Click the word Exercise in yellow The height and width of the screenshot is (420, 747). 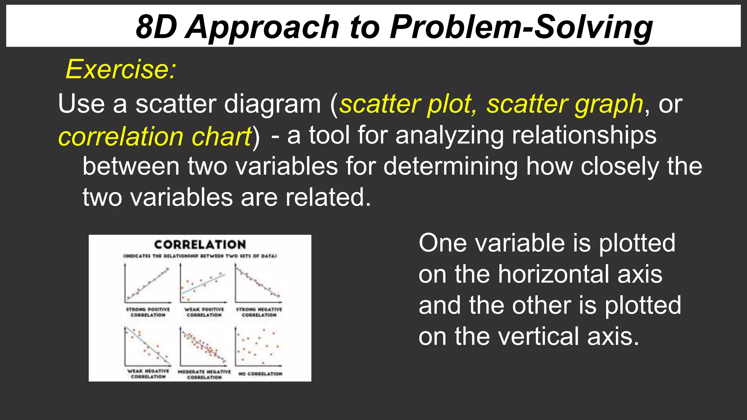click(x=120, y=69)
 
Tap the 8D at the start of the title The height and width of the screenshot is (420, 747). click(x=156, y=27)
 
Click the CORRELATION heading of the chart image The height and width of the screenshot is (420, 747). click(x=200, y=244)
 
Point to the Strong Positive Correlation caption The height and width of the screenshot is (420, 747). click(x=148, y=312)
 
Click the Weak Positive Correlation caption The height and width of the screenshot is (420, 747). click(x=204, y=312)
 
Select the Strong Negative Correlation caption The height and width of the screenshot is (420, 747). click(x=259, y=312)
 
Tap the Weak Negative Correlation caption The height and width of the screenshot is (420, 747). click(x=148, y=374)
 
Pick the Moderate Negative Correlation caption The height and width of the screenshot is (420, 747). click(x=204, y=374)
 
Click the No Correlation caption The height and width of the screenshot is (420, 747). click(x=260, y=374)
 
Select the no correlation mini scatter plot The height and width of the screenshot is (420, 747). click(x=258, y=346)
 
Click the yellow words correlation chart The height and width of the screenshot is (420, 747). click(x=155, y=137)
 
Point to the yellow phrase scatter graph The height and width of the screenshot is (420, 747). click(x=565, y=104)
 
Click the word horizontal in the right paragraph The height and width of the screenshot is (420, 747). click(x=580, y=274)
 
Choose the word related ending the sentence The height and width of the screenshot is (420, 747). click(x=325, y=197)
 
